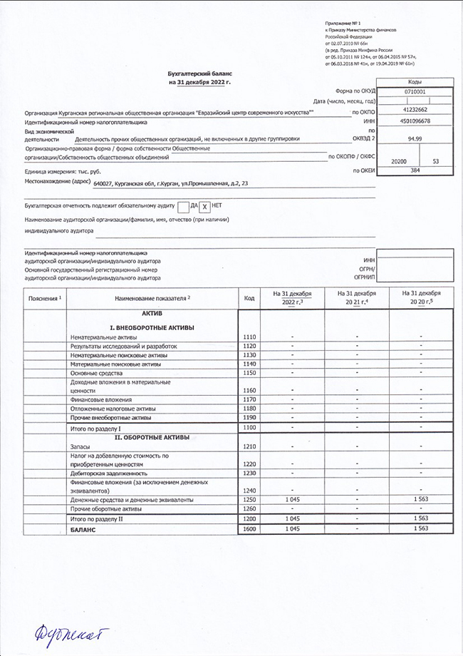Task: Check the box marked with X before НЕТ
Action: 204,206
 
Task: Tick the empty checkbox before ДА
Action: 183,206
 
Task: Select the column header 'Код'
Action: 249,298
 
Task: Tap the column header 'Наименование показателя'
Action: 153,297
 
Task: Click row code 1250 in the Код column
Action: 249,500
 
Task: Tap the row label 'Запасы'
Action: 80,446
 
